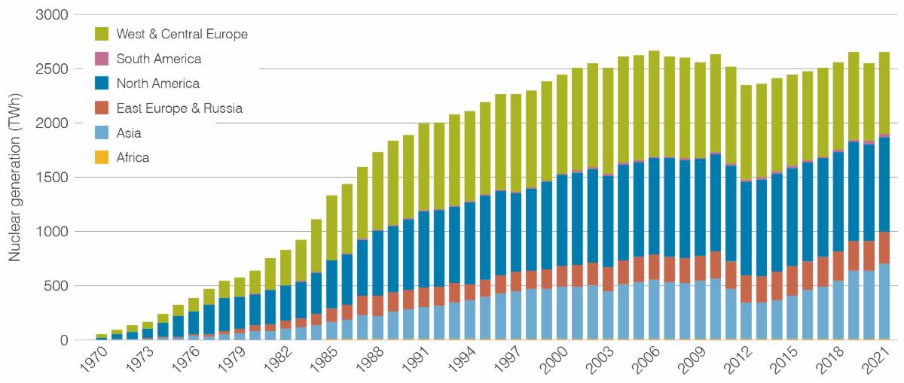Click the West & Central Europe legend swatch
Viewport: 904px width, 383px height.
(102, 34)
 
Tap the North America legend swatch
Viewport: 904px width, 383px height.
(102, 84)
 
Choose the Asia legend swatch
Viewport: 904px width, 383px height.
(102, 133)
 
